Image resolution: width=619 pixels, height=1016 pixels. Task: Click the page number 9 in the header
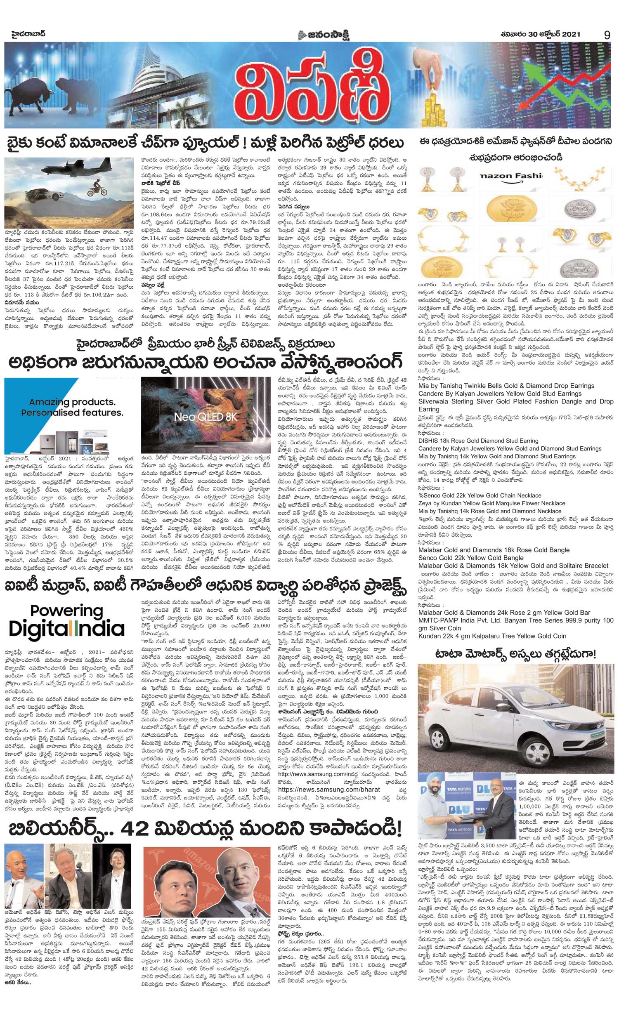tap(607, 35)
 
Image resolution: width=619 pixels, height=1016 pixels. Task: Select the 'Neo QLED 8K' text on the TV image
tap(206, 416)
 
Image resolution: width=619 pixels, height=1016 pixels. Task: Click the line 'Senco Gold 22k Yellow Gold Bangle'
tap(470, 558)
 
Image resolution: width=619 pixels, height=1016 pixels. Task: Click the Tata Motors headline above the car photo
tap(516, 653)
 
